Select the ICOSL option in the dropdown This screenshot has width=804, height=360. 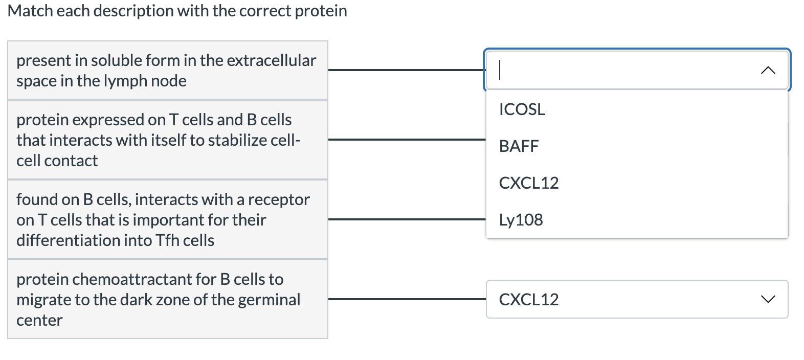click(x=522, y=109)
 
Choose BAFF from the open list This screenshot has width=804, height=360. click(x=519, y=146)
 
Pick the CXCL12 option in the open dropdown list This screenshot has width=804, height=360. click(x=528, y=183)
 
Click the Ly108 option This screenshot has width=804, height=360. click(x=521, y=220)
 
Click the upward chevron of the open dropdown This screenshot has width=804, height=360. click(x=768, y=71)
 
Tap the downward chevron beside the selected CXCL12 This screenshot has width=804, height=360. click(x=768, y=299)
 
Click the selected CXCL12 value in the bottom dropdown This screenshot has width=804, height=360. click(x=528, y=299)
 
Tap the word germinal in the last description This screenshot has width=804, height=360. click(x=269, y=300)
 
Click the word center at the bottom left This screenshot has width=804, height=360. click(x=39, y=320)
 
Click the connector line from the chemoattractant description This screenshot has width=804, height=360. click(x=407, y=299)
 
